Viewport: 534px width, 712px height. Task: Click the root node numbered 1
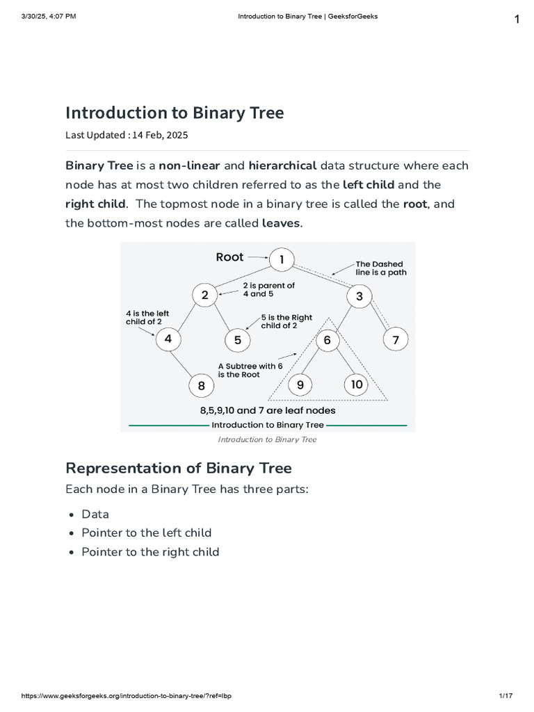click(282, 260)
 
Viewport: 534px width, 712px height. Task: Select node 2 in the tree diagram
click(205, 295)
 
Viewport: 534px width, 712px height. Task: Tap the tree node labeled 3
click(359, 296)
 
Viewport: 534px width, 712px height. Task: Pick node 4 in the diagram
click(168, 339)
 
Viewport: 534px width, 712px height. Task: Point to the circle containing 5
click(238, 340)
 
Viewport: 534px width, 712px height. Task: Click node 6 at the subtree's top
click(327, 340)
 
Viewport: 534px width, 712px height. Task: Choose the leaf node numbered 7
click(396, 340)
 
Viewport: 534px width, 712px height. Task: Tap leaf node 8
click(201, 385)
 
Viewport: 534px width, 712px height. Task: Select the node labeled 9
click(300, 385)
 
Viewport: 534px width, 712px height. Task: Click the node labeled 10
click(357, 385)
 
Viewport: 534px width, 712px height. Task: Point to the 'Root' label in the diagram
click(229, 257)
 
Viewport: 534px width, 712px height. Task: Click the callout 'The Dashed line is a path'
click(381, 268)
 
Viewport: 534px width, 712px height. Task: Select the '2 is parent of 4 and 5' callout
click(268, 289)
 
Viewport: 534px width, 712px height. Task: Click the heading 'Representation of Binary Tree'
click(179, 467)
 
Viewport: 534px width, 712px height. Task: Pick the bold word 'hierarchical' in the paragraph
click(282, 165)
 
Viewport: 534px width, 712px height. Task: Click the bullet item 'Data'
click(95, 514)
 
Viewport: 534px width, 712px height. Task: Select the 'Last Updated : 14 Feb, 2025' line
click(127, 135)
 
